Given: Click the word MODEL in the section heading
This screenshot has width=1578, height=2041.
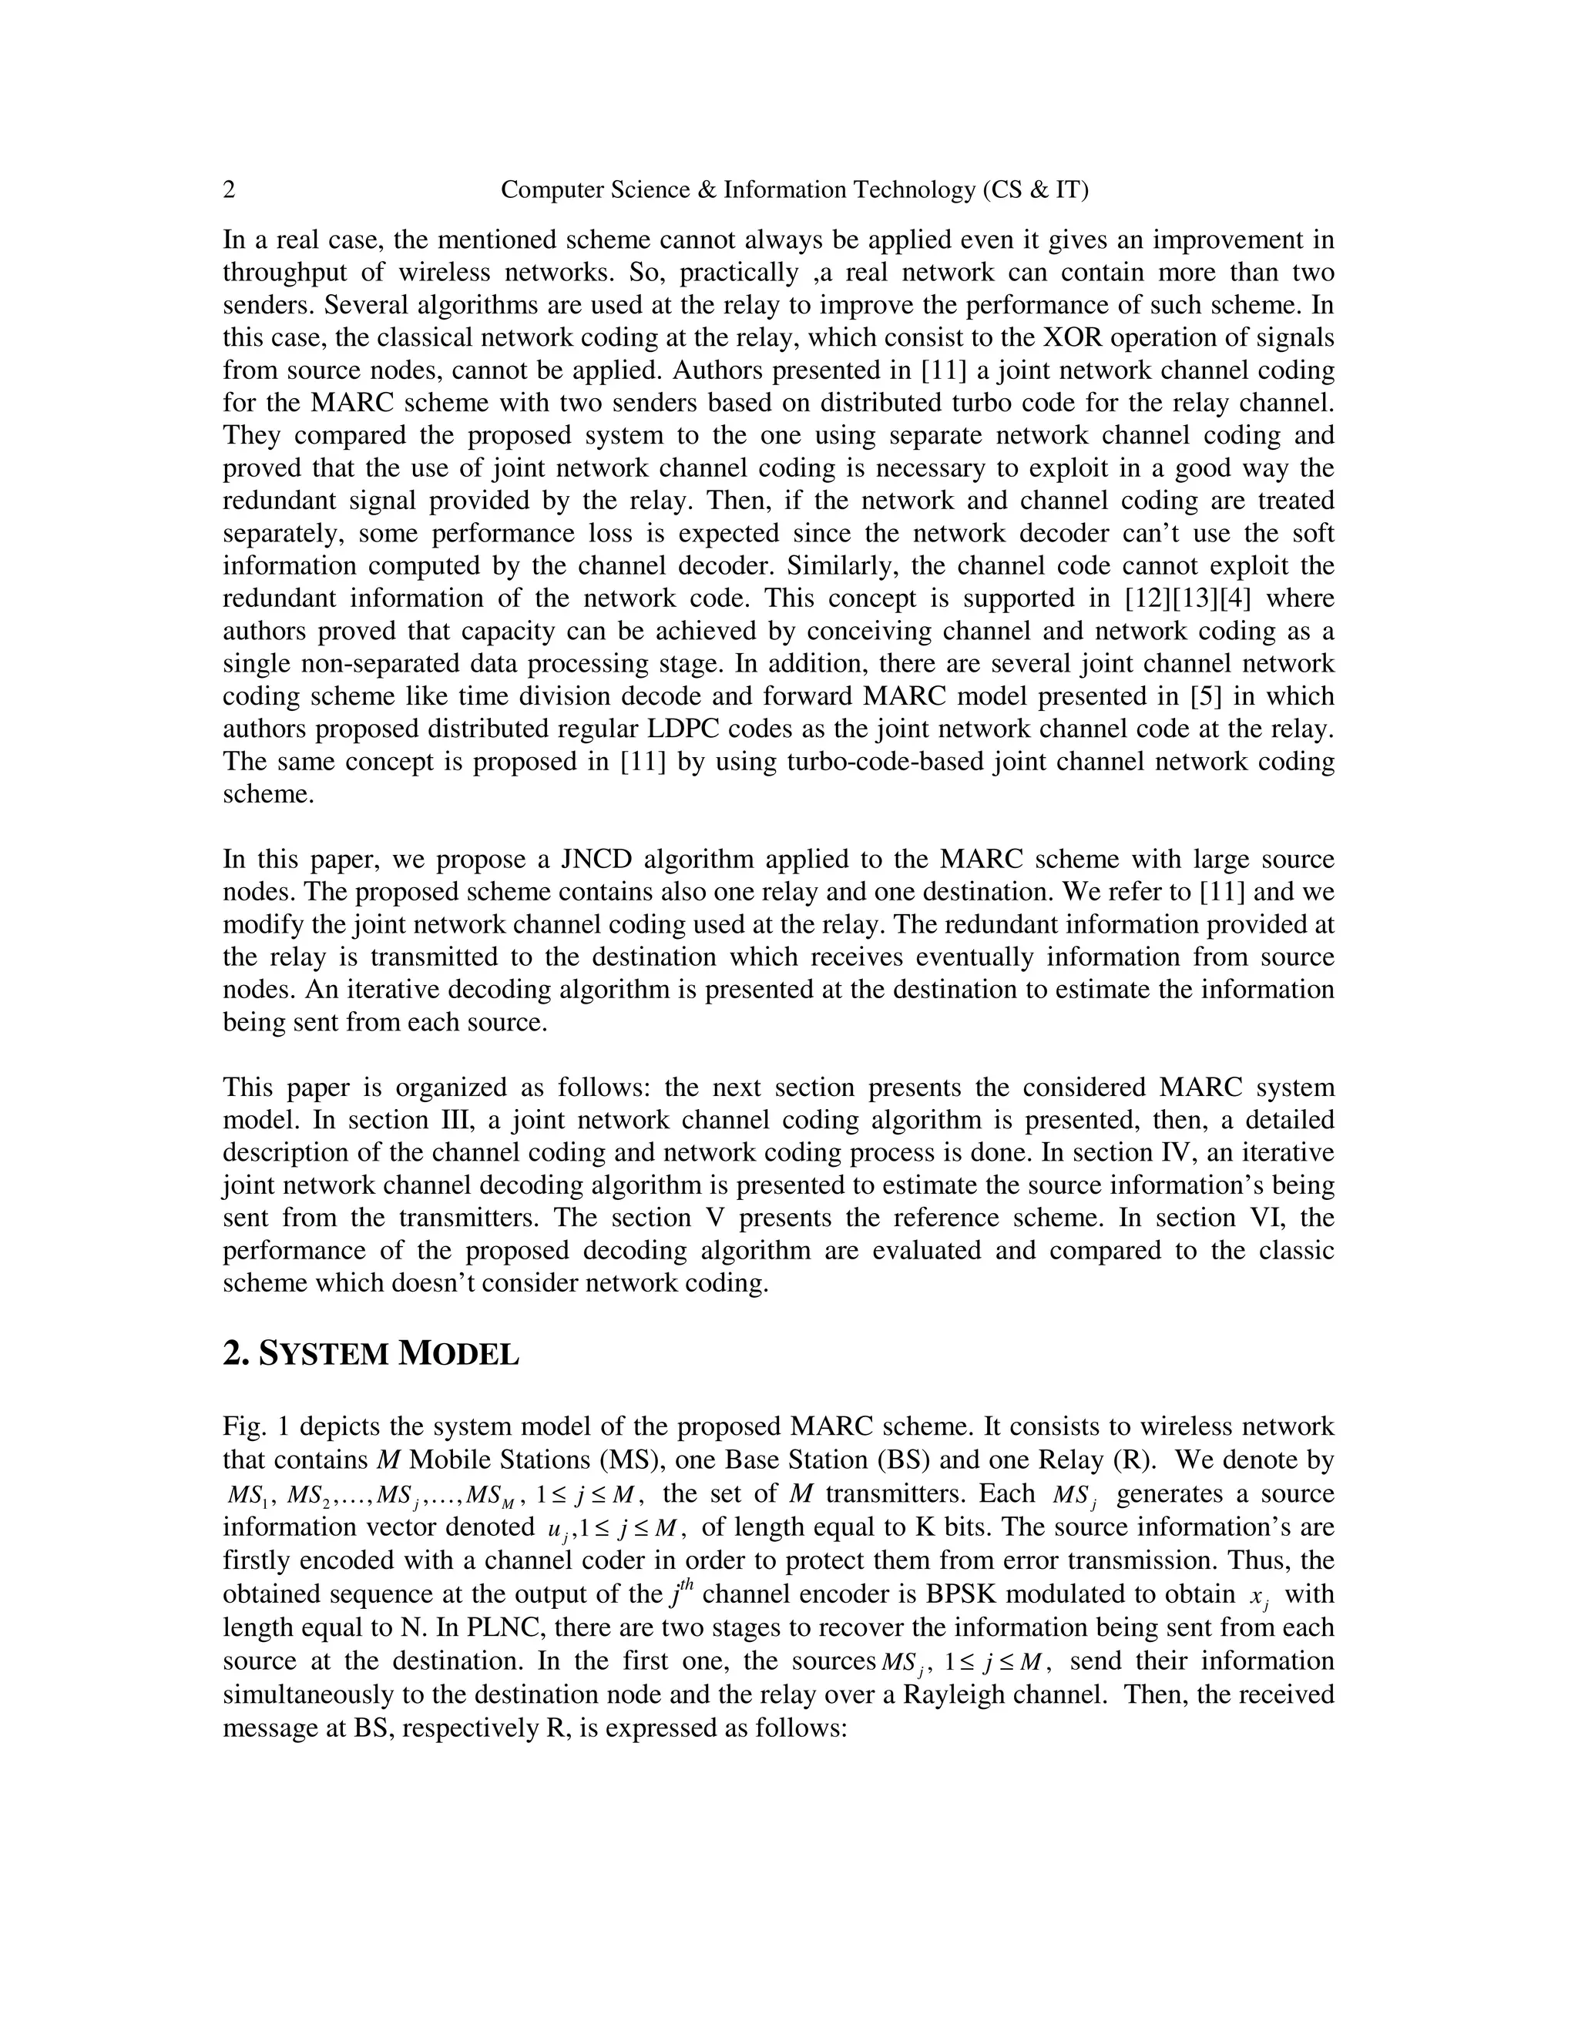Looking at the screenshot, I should [458, 1354].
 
